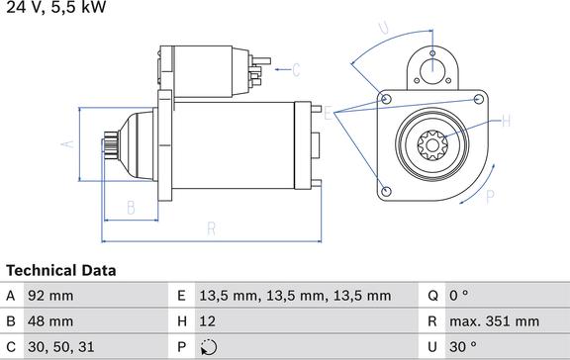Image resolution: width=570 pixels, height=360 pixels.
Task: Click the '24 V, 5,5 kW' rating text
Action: coord(56,7)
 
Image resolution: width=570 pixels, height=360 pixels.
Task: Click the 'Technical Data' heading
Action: coord(61,271)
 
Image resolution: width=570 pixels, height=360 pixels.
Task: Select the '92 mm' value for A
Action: coord(50,296)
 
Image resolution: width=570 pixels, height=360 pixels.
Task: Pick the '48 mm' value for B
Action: coord(50,321)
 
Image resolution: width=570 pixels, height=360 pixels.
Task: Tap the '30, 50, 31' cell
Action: coord(61,347)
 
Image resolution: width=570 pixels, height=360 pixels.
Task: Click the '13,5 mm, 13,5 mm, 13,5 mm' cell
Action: coord(295,296)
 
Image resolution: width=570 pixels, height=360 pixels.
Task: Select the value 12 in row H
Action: coord(207,321)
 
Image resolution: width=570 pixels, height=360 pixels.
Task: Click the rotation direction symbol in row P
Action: coord(209,347)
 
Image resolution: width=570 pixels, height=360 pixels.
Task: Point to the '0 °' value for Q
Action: coord(459,296)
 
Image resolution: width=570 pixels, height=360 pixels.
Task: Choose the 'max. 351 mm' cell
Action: coord(495,321)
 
